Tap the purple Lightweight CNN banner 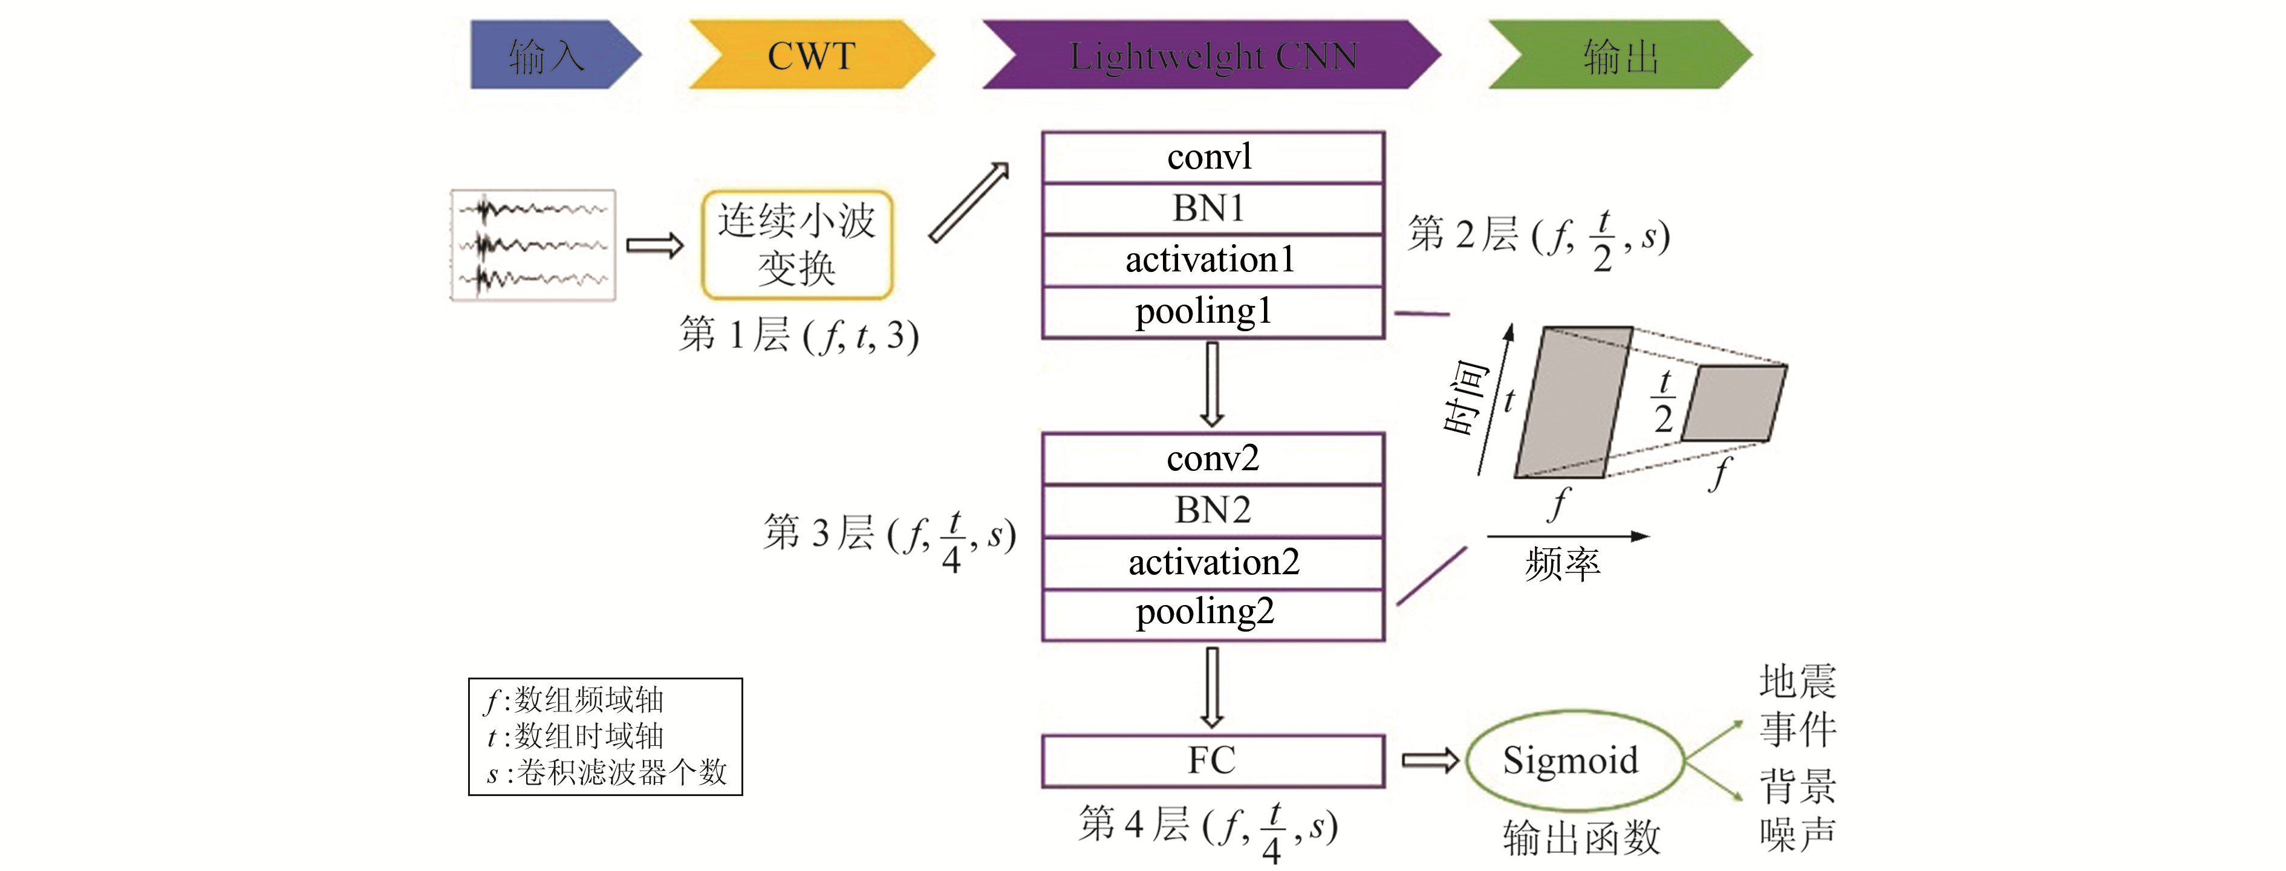pyautogui.click(x=1212, y=56)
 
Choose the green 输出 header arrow pyautogui.click(x=1620, y=56)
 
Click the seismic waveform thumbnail pyautogui.click(x=532, y=245)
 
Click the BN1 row pyautogui.click(x=1212, y=209)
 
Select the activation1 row pyautogui.click(x=1212, y=261)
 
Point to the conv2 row pyautogui.click(x=1212, y=459)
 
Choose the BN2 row pyautogui.click(x=1212, y=511)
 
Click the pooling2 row pyautogui.click(x=1212, y=613)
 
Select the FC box pyautogui.click(x=1212, y=761)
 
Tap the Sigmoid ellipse pyautogui.click(x=1572, y=761)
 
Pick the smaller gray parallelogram pyautogui.click(x=1734, y=403)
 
